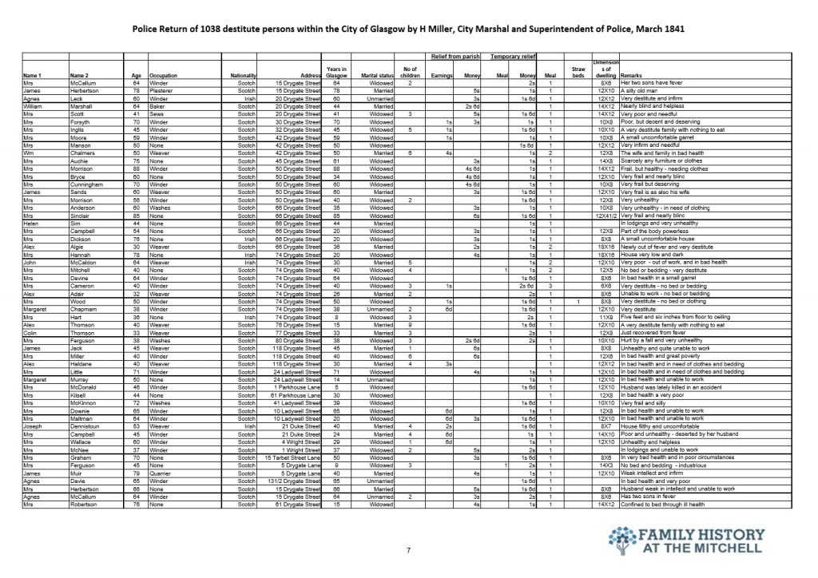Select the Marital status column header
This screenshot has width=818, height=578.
[375, 76]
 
